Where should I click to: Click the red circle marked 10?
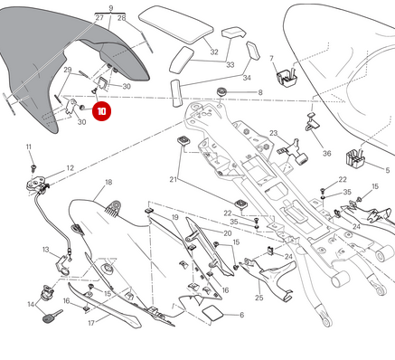(101, 112)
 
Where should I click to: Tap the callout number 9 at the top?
(110, 7)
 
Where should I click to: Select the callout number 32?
(214, 52)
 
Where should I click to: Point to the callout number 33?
(230, 65)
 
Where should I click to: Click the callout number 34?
(246, 78)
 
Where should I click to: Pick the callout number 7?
(271, 59)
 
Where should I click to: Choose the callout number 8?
(259, 92)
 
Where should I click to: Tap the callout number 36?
(326, 154)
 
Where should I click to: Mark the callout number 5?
(388, 169)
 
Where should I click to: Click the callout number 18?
(108, 183)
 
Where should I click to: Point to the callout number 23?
(273, 133)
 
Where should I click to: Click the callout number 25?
(259, 298)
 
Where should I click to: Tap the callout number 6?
(241, 315)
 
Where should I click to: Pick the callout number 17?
(91, 322)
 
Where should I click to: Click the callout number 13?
(45, 250)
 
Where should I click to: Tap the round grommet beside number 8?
(221, 92)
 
